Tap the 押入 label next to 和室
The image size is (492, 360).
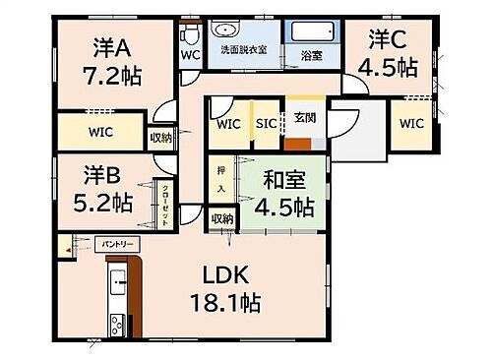pyautogui.click(x=220, y=177)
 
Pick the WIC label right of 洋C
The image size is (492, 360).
pyautogui.click(x=411, y=123)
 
